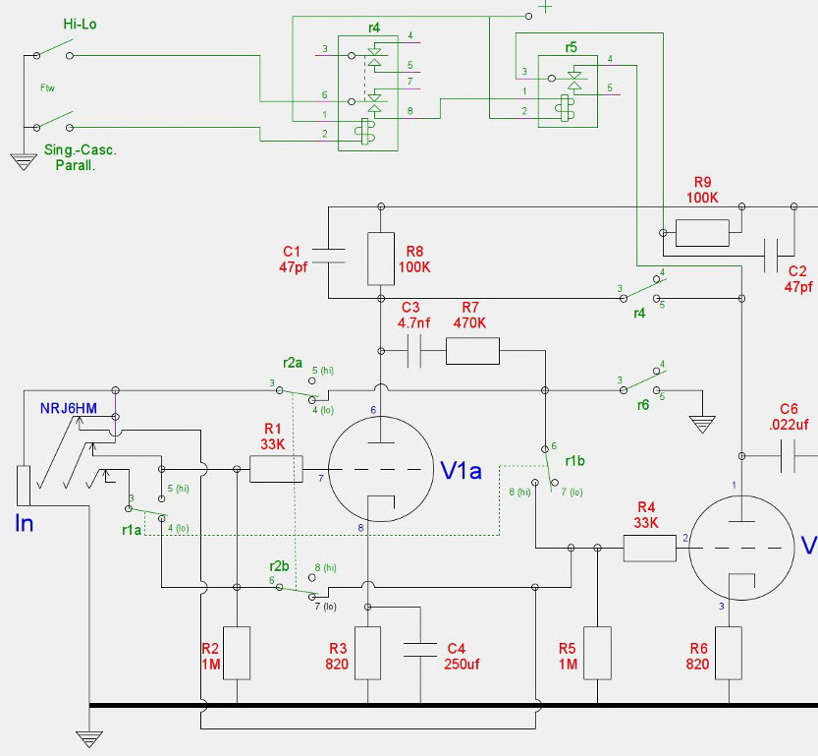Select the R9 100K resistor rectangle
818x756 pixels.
[702, 233]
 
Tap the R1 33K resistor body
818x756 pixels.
[276, 469]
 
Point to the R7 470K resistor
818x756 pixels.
[472, 351]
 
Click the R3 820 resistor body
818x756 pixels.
[367, 653]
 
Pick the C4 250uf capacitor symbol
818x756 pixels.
[419, 648]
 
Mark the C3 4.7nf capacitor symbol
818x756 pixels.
[413, 351]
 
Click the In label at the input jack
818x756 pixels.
[24, 523]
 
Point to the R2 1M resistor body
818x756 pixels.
[237, 653]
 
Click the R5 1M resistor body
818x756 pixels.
[597, 653]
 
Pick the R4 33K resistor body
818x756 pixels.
[650, 548]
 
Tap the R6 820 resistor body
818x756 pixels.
[728, 653]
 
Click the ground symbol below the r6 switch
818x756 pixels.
[701, 425]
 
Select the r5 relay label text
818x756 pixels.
[571, 46]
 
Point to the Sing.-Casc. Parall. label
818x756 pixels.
[81, 158]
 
